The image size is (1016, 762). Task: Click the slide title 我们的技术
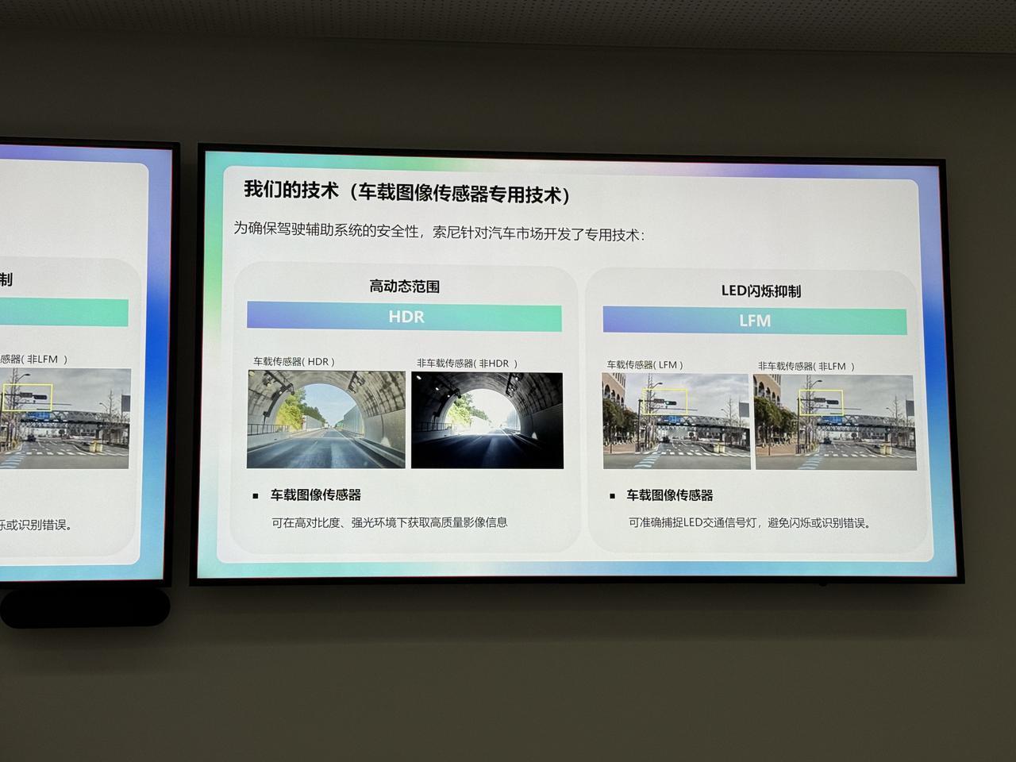click(x=291, y=190)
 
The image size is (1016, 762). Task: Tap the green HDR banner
click(x=404, y=317)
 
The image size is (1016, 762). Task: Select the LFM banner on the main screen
click(x=755, y=321)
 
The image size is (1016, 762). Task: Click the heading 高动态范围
click(x=405, y=287)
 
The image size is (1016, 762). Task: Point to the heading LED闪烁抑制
click(x=761, y=291)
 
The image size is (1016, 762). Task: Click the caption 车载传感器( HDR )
click(x=294, y=361)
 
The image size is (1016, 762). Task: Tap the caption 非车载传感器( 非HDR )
click(x=467, y=364)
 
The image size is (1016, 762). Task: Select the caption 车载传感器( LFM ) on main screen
click(x=645, y=364)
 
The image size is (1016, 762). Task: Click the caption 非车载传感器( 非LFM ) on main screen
click(x=806, y=366)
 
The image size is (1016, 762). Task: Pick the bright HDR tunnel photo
click(x=326, y=419)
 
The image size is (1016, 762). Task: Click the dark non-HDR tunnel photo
click(x=487, y=421)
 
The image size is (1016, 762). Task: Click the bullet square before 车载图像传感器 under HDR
click(x=256, y=496)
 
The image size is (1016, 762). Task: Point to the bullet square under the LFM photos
click(x=612, y=496)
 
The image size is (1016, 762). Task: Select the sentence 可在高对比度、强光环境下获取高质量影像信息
click(x=389, y=522)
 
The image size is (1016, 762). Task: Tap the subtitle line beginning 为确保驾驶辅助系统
click(x=438, y=231)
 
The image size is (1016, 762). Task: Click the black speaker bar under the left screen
click(x=85, y=607)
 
